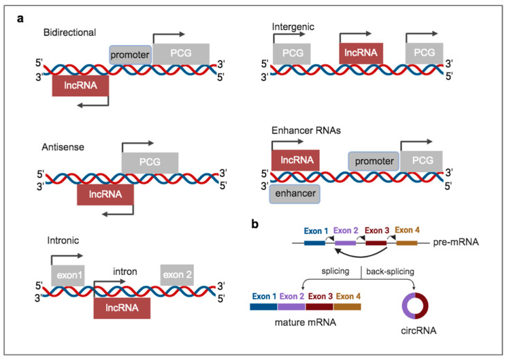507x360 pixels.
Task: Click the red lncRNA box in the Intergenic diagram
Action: tap(361, 52)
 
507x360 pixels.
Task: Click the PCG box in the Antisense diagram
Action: tap(150, 163)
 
